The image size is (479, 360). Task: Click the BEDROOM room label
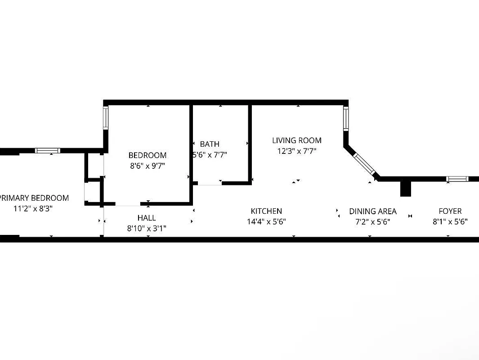coord(148,155)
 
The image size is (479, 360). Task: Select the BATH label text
coord(210,144)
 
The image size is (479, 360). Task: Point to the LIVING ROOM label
coord(297,140)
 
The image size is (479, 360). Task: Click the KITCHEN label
coord(266,211)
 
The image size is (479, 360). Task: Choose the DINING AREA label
coord(373,211)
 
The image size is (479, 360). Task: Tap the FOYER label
coord(450,211)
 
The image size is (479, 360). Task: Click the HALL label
coord(147,218)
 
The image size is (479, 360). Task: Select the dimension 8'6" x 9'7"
coord(148,166)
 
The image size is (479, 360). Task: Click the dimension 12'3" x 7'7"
coord(297,151)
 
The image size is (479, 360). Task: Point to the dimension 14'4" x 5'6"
coord(266,221)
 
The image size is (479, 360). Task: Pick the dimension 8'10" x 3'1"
coord(147,229)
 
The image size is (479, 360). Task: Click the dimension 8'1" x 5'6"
coord(450,221)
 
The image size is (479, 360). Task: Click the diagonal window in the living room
coord(363,163)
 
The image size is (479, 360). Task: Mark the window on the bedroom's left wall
coord(106,118)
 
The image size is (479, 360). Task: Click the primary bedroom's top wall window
coord(48,151)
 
